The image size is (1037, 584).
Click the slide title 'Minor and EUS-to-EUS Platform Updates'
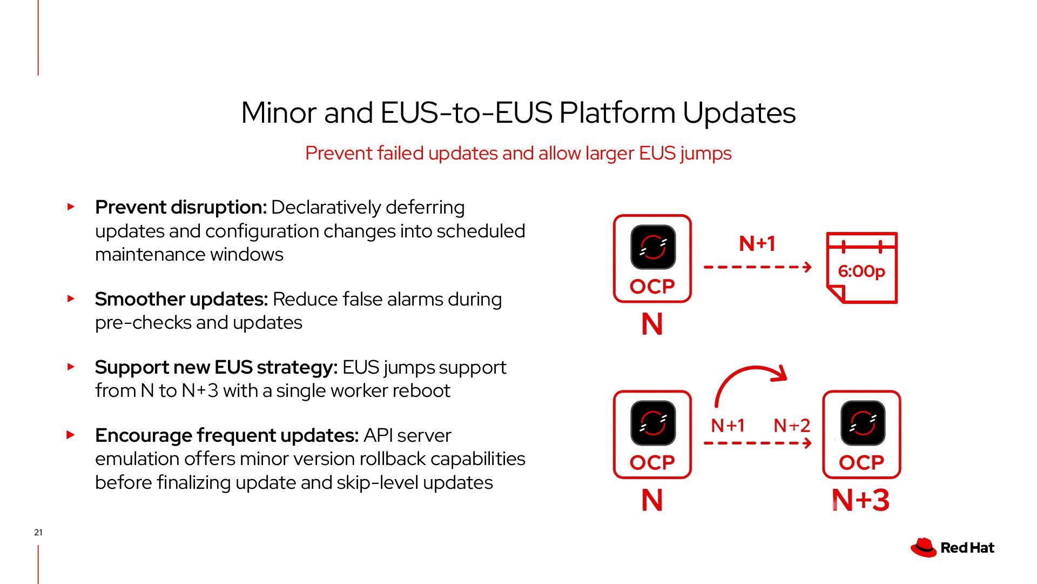pyautogui.click(x=518, y=112)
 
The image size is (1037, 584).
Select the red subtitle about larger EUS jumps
pyautogui.click(x=518, y=153)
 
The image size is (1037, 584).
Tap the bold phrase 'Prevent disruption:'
pyautogui.click(x=181, y=207)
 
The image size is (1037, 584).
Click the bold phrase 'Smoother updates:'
pyautogui.click(x=181, y=299)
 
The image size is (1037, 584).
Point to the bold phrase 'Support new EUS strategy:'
pyautogui.click(x=216, y=367)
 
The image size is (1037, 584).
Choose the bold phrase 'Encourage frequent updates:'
pyautogui.click(x=227, y=435)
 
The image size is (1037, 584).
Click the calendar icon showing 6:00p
pyautogui.click(x=862, y=268)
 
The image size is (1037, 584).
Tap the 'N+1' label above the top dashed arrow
pyautogui.click(x=757, y=243)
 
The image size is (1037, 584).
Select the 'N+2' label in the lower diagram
pyautogui.click(x=792, y=426)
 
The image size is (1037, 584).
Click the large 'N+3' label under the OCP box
pyautogui.click(x=860, y=500)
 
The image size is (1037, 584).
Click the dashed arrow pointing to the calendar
pyautogui.click(x=757, y=267)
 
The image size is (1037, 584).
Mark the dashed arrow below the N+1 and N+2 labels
pyautogui.click(x=757, y=443)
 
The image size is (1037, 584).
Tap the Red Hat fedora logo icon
pyautogui.click(x=923, y=547)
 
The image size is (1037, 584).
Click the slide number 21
pyautogui.click(x=38, y=533)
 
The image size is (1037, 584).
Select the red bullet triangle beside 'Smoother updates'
pyautogui.click(x=71, y=298)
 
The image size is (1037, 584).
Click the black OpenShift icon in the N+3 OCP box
pyautogui.click(x=863, y=422)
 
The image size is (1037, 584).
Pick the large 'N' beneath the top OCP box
pyautogui.click(x=652, y=324)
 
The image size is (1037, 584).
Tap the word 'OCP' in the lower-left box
pyautogui.click(x=652, y=463)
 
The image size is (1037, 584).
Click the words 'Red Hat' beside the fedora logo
pyautogui.click(x=967, y=548)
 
